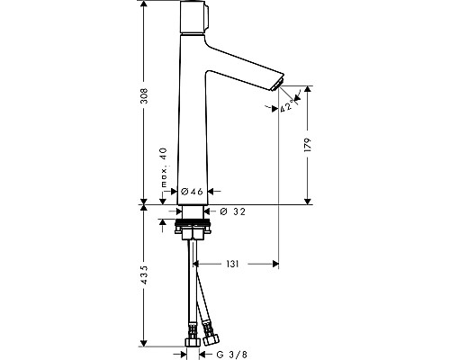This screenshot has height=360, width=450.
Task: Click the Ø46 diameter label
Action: click(193, 192)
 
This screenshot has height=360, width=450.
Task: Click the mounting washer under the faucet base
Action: click(193, 220)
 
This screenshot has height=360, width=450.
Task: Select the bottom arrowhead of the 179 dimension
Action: click(309, 201)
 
